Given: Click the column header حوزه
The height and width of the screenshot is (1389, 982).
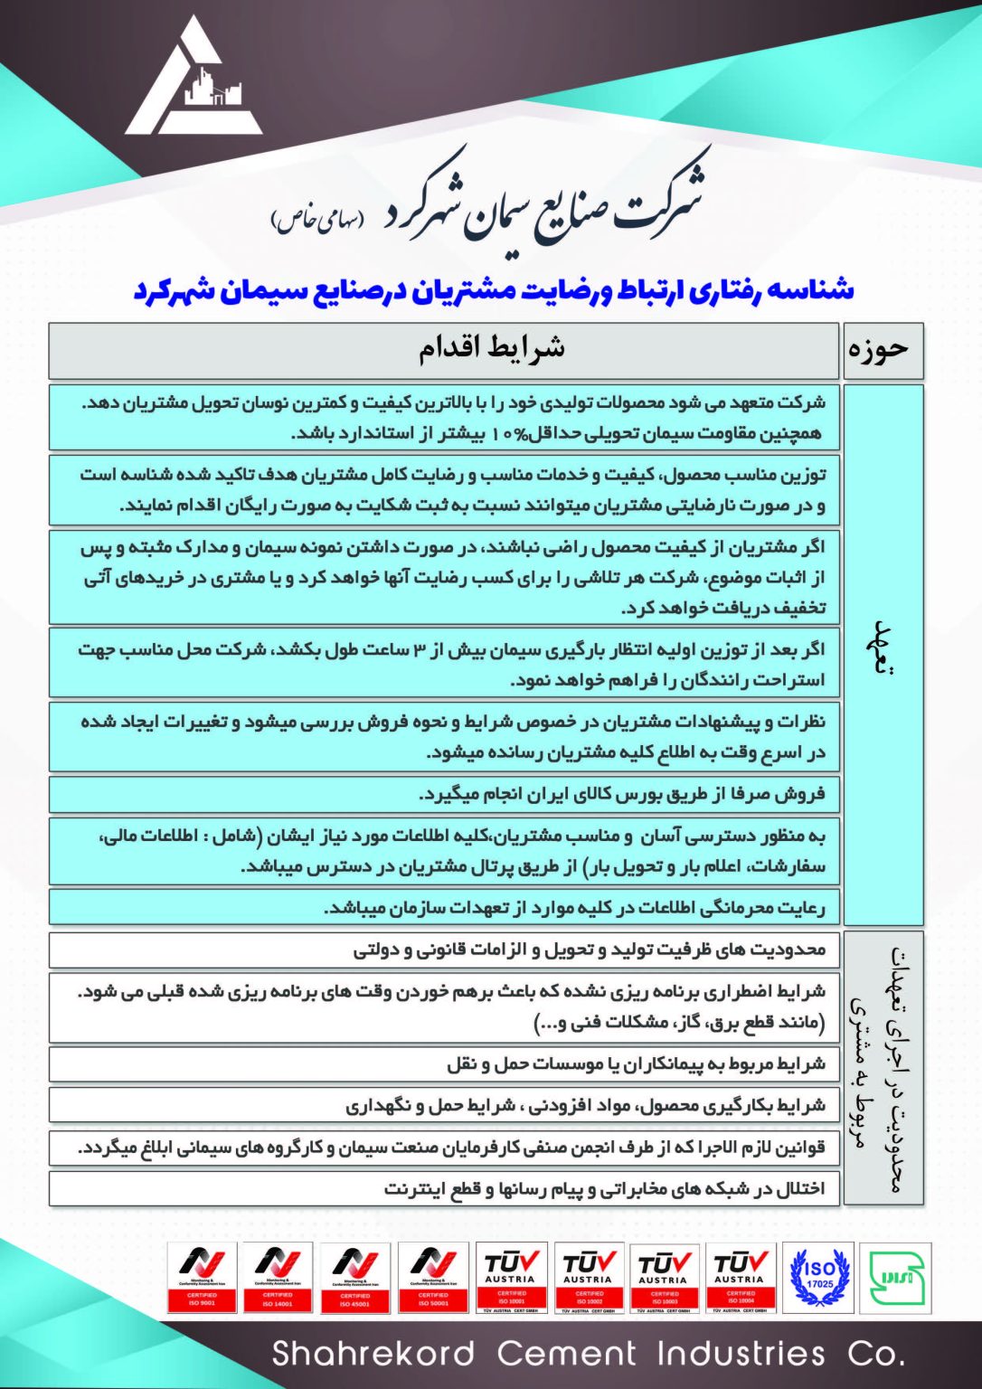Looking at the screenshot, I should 883,351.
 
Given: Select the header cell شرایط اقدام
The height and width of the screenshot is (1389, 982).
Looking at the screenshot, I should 492,350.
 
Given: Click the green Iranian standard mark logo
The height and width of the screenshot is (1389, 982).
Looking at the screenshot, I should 893,1277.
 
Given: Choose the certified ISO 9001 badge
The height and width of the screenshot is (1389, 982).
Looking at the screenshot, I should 202,1277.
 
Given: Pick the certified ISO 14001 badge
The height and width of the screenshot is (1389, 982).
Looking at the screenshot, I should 279,1277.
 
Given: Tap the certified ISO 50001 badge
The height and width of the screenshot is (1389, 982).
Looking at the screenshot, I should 433,1277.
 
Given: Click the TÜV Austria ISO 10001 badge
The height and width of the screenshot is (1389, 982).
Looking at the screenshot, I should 511,1277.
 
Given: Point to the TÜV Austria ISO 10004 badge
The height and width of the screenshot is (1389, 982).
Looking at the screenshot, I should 740,1277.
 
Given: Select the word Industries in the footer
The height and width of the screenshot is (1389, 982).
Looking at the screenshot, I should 741,1354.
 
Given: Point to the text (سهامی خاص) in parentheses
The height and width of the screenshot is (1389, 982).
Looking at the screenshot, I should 318,219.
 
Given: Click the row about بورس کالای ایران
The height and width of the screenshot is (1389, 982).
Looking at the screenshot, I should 623,794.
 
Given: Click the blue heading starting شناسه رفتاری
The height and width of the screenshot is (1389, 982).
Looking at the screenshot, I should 494,289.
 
